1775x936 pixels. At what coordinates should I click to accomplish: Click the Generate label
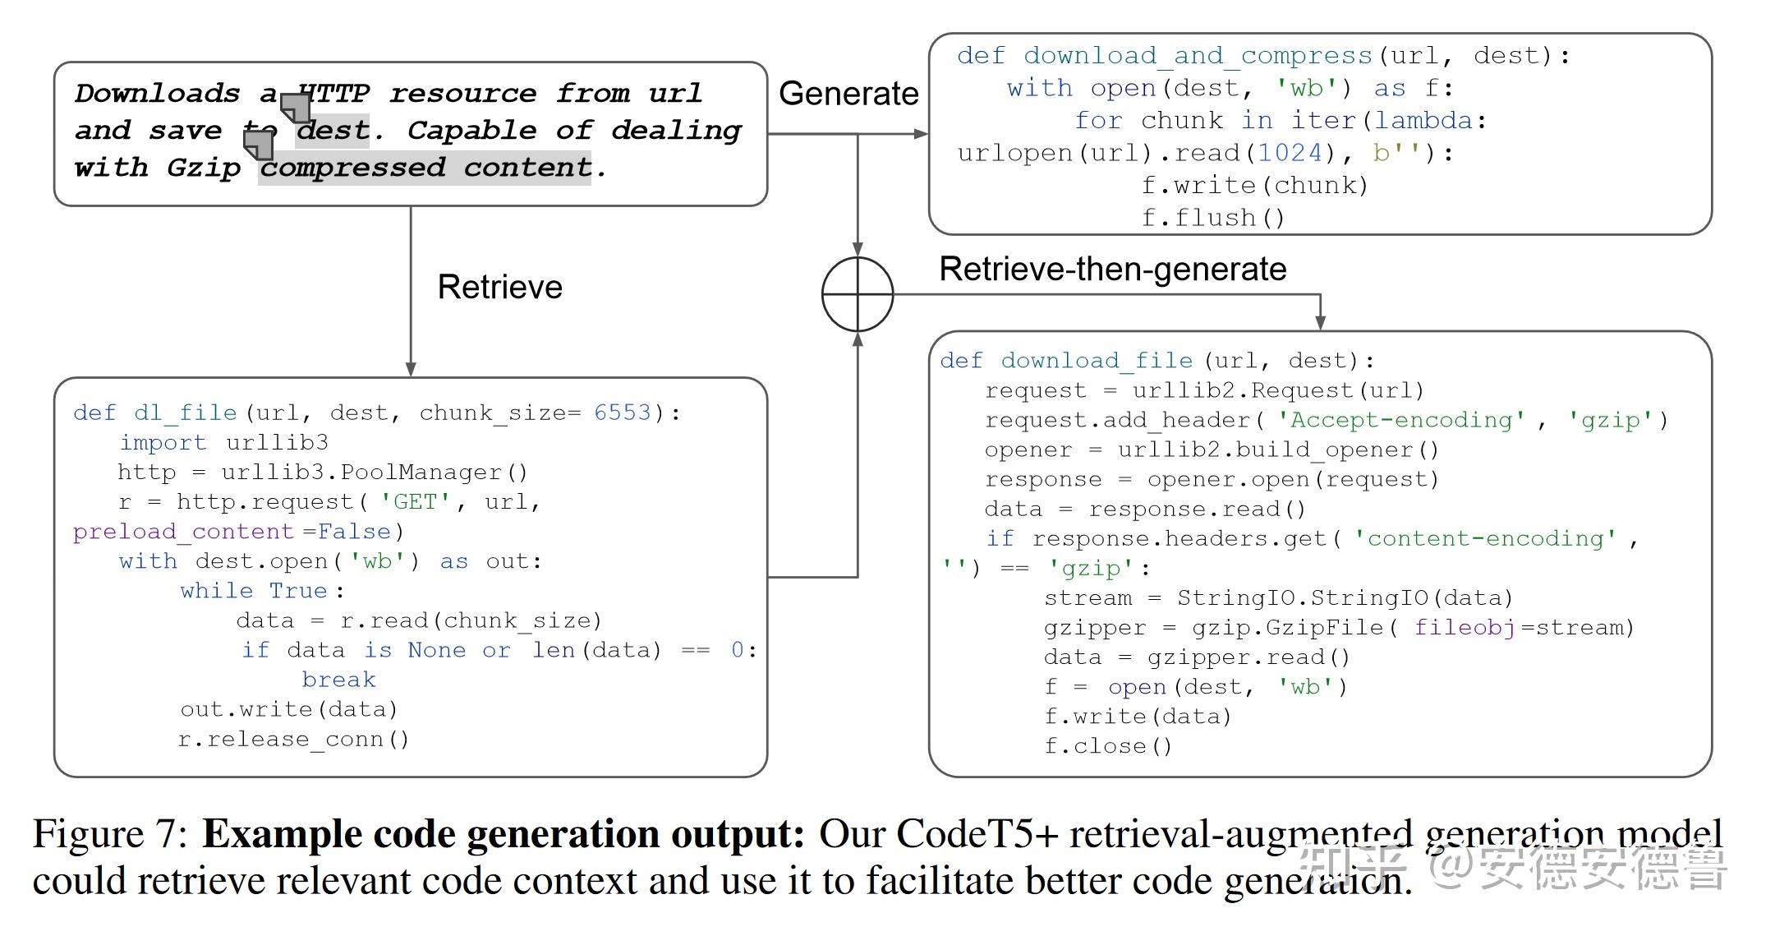tap(848, 94)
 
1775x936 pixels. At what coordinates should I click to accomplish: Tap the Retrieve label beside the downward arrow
tap(499, 287)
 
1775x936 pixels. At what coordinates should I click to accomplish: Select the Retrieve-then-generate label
tap(1113, 270)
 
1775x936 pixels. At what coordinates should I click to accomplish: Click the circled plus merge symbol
tap(858, 294)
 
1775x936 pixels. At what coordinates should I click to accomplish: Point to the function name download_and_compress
tap(1198, 56)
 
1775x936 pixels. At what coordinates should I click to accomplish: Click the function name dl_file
tap(186, 413)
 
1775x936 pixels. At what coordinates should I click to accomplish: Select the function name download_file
tap(1097, 361)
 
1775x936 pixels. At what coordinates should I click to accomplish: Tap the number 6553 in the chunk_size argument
tap(623, 413)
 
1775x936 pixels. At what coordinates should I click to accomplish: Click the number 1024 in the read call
tap(1290, 153)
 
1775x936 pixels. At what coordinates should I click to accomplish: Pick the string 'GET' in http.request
tap(415, 501)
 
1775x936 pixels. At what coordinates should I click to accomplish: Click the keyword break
tap(338, 680)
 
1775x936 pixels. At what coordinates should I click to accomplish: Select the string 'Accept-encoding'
tap(1400, 420)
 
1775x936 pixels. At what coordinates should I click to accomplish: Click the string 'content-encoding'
tap(1485, 538)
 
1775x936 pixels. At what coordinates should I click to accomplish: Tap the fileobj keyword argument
tap(1465, 628)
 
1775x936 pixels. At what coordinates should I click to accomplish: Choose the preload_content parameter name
tap(183, 532)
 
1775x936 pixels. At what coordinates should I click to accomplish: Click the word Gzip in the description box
tap(204, 168)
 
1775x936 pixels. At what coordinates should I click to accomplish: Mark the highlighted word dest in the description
tap(333, 131)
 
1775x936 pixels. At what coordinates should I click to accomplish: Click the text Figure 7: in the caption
tap(112, 833)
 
